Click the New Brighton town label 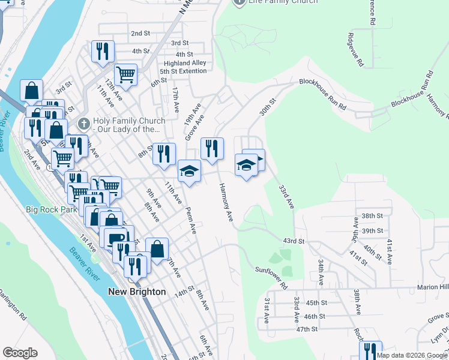[136, 292]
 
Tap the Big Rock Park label [50, 210]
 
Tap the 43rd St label [294, 241]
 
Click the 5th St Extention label [183, 71]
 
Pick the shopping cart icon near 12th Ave [126, 75]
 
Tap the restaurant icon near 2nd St [103, 51]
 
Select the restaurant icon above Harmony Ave [211, 149]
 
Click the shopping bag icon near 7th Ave [157, 248]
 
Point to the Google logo [20, 353]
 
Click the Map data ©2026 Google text [412, 355]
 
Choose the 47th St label [306, 329]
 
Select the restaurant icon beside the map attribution [370, 350]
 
